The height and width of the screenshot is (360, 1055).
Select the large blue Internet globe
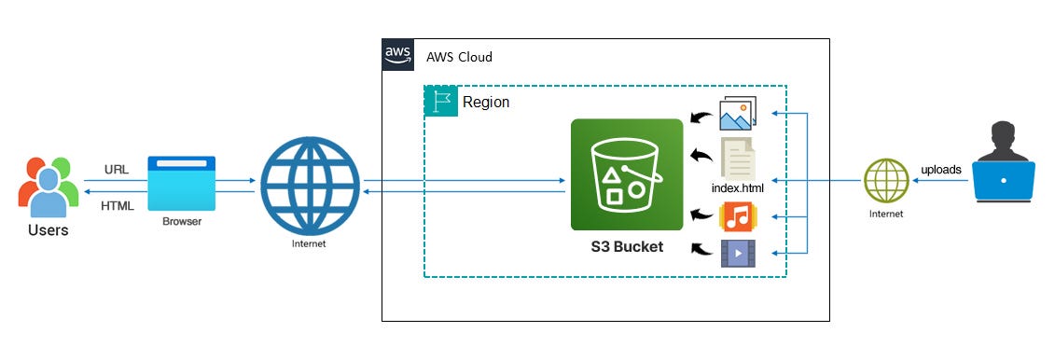tap(310, 184)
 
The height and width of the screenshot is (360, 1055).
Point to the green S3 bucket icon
tap(626, 174)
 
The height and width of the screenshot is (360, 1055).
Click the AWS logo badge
tap(398, 57)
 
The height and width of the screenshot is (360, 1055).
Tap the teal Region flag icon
tap(441, 102)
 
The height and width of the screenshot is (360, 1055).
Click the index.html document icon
tap(738, 158)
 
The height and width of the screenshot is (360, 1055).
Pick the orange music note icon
tap(737, 217)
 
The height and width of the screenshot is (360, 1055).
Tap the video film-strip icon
tap(737, 253)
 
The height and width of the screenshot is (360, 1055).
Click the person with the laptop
tap(1003, 162)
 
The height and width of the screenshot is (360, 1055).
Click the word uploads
tap(942, 169)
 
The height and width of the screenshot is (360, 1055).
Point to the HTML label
tap(118, 205)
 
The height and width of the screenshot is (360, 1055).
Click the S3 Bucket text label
tap(626, 247)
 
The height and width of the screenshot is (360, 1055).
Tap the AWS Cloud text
tap(459, 58)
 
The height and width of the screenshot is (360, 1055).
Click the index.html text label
tap(737, 188)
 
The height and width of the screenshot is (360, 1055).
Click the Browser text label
tap(182, 222)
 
